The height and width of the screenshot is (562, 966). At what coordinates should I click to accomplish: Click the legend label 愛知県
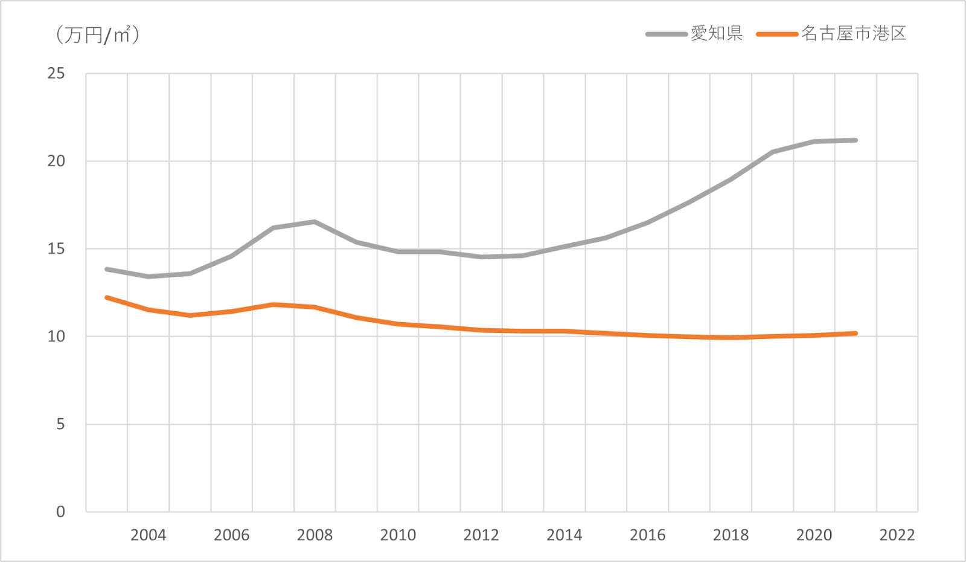coord(717,33)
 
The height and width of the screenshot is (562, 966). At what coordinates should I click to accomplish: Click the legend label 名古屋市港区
coord(854,33)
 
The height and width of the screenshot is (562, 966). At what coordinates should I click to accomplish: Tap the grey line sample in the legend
coord(667,34)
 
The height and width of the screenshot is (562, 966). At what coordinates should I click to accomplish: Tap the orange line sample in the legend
coord(777,34)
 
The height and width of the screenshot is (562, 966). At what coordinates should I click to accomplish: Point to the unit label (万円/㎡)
coord(97,34)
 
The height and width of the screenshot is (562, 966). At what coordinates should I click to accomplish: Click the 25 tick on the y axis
coord(56,73)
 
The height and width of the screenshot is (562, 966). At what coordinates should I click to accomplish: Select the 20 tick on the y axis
coord(56,161)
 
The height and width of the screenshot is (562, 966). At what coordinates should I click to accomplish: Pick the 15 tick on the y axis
coord(56,248)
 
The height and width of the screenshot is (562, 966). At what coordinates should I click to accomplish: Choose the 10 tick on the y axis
coord(56,336)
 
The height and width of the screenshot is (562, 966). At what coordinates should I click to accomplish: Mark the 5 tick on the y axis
coord(60,424)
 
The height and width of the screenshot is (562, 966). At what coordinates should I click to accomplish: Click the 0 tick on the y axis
coord(60,511)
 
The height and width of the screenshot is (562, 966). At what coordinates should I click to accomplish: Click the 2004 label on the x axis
coord(148,535)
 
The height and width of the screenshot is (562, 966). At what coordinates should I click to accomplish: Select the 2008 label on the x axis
coord(315,535)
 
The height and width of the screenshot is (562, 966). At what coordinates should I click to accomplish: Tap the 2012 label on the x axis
coord(481,535)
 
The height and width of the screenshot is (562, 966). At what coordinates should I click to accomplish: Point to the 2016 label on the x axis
coord(647,535)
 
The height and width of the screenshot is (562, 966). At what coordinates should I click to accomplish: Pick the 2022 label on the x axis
coord(897,535)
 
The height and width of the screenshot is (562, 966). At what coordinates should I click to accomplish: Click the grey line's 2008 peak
coord(315,222)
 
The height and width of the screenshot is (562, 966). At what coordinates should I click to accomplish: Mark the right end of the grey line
coord(856,140)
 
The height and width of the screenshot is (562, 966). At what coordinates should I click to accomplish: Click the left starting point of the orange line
coord(107,297)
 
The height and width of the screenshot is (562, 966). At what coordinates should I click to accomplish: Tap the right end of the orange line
coord(856,333)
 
